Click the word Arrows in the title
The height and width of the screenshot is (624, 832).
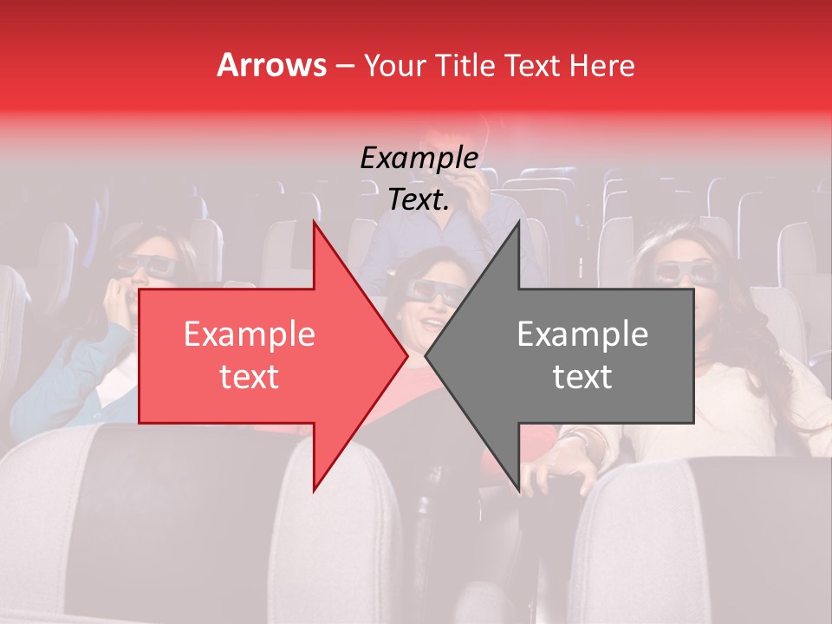271,65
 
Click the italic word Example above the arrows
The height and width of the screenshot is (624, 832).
419,158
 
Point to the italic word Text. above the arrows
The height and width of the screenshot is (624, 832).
419,199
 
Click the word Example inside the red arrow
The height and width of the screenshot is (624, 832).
250,335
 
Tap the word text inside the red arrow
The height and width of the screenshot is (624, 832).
250,377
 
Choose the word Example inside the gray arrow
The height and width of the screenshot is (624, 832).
582,335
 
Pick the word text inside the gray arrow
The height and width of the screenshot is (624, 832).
582,377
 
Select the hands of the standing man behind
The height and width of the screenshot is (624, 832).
472,182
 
